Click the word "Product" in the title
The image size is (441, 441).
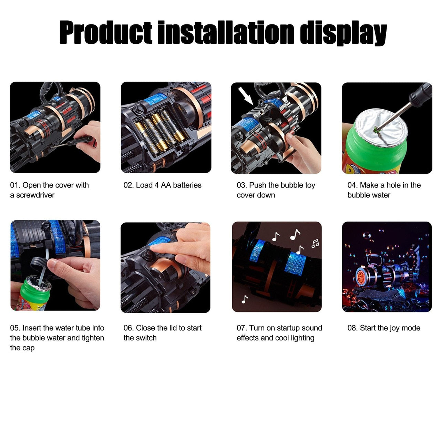coord(106,32)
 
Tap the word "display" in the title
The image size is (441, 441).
coord(343,33)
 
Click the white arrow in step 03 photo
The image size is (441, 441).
coord(246,96)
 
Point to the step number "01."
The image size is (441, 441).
coord(16,185)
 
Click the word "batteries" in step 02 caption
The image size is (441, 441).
coord(187,185)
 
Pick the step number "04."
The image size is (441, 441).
coord(353,185)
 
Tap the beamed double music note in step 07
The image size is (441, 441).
coord(315,244)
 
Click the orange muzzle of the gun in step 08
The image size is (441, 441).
coord(361,277)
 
